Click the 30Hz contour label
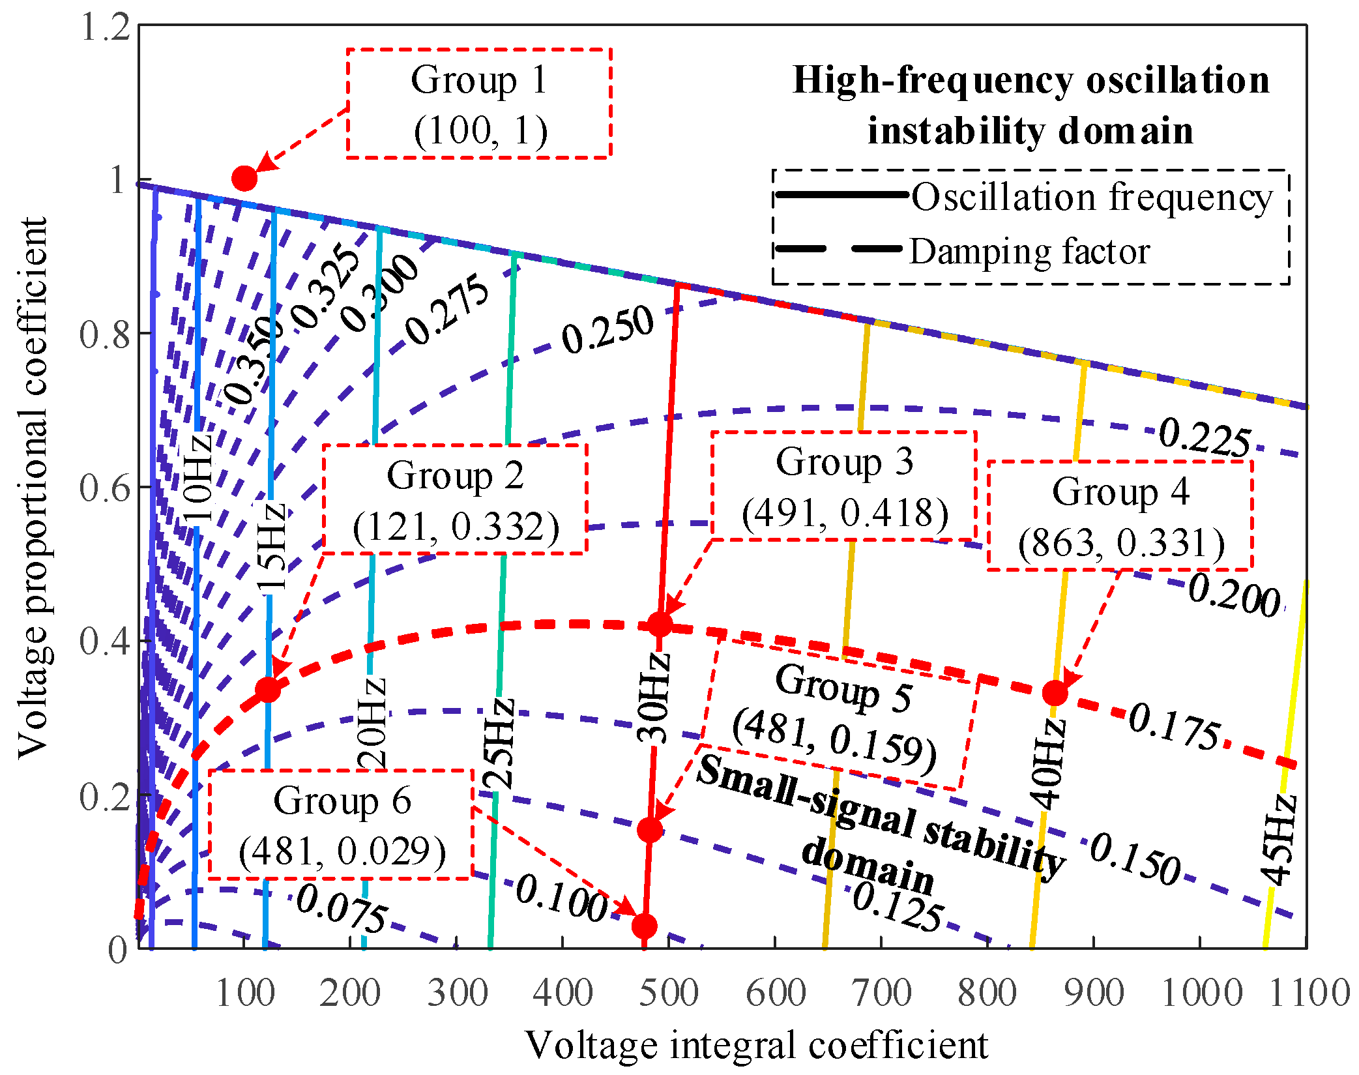coord(653,698)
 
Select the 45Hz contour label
coord(1278,840)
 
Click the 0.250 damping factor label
coord(607,329)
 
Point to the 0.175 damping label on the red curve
coord(1174,727)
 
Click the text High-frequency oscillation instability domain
coord(1030,106)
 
